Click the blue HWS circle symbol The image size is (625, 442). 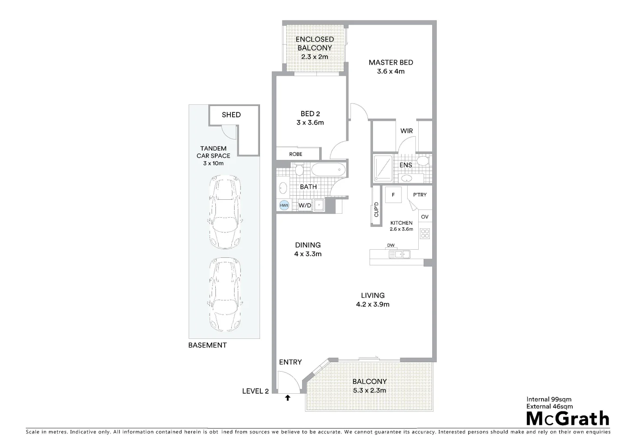click(x=284, y=205)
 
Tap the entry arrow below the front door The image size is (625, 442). click(x=288, y=397)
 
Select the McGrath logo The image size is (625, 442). click(x=568, y=419)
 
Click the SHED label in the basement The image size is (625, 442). click(x=231, y=115)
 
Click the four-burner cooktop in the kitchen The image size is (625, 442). click(x=425, y=233)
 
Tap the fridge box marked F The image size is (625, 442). click(x=393, y=195)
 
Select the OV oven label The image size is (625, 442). click(x=424, y=217)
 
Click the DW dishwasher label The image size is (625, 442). click(x=391, y=246)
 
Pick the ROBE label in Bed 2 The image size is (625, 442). click(x=296, y=154)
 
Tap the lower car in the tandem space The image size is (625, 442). click(x=225, y=296)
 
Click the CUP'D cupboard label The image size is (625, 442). click(x=376, y=210)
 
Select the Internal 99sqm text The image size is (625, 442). click(x=548, y=399)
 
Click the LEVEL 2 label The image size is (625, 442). click(x=255, y=391)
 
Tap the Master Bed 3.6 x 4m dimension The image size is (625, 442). click(x=390, y=72)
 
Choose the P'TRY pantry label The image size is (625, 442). click(x=420, y=195)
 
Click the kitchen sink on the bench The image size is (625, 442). click(x=399, y=255)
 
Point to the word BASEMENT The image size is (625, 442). click(x=207, y=345)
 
